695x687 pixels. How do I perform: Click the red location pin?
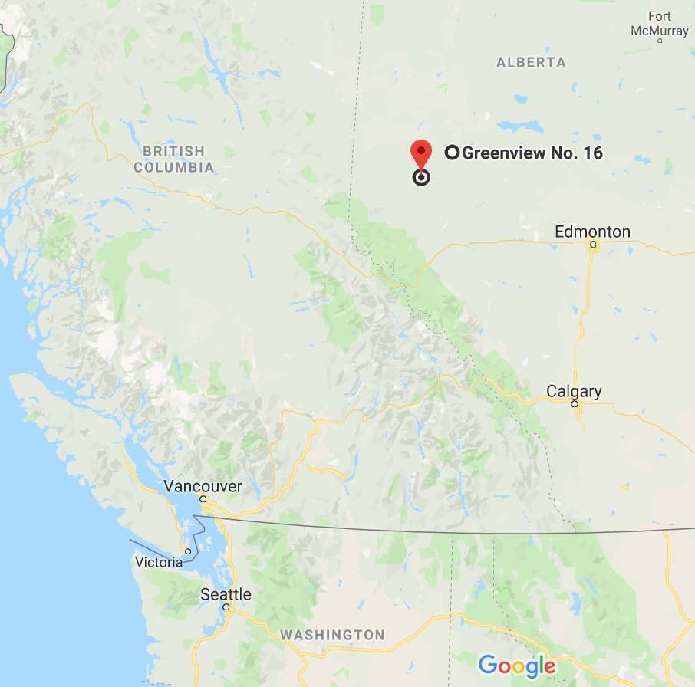pyautogui.click(x=420, y=152)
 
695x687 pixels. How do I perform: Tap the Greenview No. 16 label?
pyautogui.click(x=532, y=153)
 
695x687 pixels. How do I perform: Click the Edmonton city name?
pyautogui.click(x=592, y=232)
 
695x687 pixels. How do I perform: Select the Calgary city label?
pyautogui.click(x=574, y=392)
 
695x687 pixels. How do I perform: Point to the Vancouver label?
pyautogui.click(x=203, y=486)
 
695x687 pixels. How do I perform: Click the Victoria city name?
pyautogui.click(x=159, y=563)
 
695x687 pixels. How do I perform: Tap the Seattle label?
pyautogui.click(x=226, y=594)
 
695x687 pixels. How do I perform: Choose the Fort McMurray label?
pyautogui.click(x=660, y=24)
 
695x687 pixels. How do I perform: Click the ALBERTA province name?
pyautogui.click(x=531, y=62)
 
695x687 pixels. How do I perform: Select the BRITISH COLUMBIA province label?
pyautogui.click(x=173, y=159)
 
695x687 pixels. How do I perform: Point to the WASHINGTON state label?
pyautogui.click(x=332, y=635)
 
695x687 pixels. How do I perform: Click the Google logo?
pyautogui.click(x=516, y=665)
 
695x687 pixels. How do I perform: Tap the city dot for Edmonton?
pyautogui.click(x=592, y=245)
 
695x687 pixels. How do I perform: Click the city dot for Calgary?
pyautogui.click(x=574, y=403)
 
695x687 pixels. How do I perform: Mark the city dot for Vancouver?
pyautogui.click(x=203, y=499)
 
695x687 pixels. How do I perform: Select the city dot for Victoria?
pyautogui.click(x=188, y=551)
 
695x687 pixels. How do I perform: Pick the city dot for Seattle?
pyautogui.click(x=226, y=606)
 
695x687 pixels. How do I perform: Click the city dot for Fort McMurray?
pyautogui.click(x=660, y=41)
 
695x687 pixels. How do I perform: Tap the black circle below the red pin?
pyautogui.click(x=420, y=178)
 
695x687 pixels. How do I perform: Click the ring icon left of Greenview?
pyautogui.click(x=452, y=153)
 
